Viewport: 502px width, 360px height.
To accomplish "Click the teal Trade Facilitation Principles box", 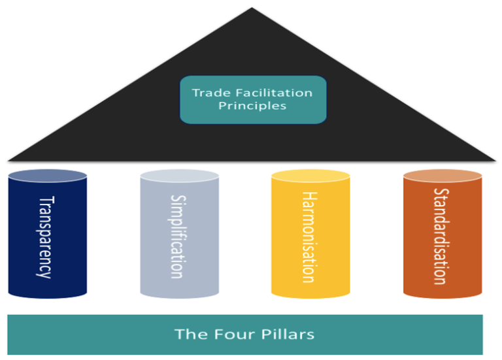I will point(252,99).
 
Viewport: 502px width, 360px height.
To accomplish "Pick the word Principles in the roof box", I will point(252,106).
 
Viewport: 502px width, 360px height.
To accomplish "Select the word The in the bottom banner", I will point(188,335).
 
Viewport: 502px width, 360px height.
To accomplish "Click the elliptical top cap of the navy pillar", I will point(47,175).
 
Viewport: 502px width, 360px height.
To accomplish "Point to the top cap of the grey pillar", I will point(179,175).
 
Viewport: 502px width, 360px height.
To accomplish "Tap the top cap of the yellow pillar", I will point(310,175).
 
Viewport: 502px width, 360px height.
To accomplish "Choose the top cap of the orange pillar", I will point(443,175).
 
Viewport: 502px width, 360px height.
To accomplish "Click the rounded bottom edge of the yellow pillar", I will point(310,295).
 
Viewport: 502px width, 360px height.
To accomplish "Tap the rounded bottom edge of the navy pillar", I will point(47,295).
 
